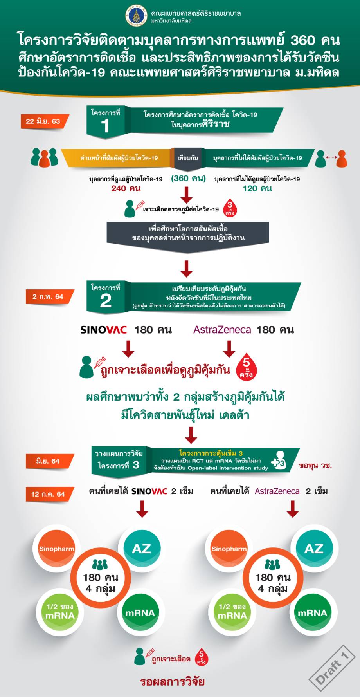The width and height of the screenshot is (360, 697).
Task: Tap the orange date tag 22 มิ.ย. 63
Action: coord(43,121)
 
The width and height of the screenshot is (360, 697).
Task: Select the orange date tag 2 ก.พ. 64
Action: coord(48,296)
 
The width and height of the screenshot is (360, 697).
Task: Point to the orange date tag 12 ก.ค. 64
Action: coord(48,494)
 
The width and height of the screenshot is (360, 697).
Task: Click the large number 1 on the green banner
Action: coord(105,126)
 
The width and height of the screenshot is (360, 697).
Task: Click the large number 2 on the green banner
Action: coord(105,301)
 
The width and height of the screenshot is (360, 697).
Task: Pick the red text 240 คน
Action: coord(126,188)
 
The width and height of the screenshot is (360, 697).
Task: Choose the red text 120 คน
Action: coord(257,188)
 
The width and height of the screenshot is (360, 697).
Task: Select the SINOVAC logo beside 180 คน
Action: coord(103,330)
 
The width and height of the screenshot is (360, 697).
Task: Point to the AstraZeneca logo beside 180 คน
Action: coord(222,330)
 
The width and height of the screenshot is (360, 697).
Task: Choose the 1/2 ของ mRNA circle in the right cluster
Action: coord(232,611)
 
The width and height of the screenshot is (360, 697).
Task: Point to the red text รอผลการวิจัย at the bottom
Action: coord(172,682)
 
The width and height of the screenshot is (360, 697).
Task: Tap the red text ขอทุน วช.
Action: coord(315,465)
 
